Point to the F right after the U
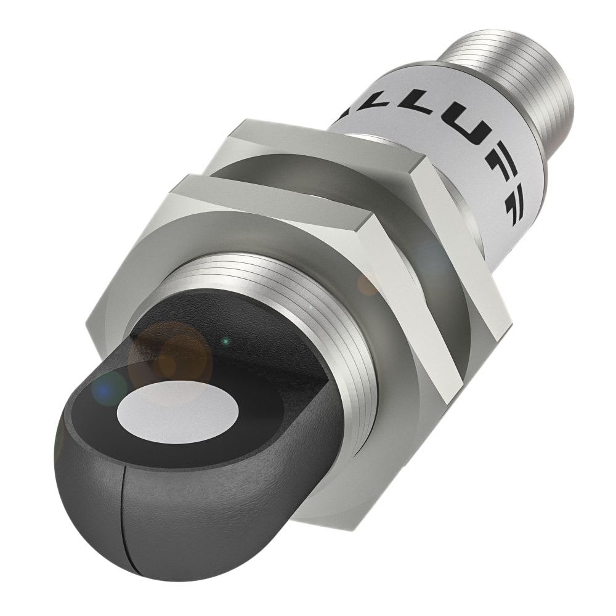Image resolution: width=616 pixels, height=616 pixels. [x=493, y=179]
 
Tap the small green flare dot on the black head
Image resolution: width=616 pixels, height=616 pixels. [x=227, y=339]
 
